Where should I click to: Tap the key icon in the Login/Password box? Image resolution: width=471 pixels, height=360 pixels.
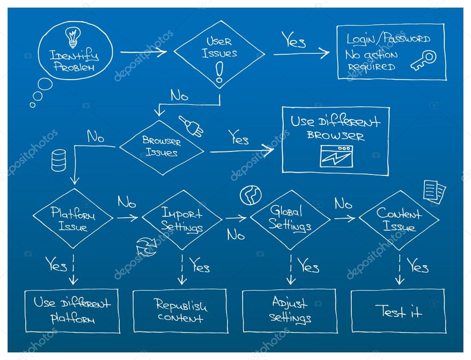424,60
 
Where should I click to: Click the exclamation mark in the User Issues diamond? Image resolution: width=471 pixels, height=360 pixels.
219,72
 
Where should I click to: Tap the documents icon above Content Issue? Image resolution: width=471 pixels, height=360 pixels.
434,191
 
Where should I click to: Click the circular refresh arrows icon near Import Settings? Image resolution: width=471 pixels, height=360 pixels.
147,246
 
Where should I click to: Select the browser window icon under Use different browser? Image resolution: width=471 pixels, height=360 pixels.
336,156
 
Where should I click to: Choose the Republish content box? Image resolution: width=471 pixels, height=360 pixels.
180,311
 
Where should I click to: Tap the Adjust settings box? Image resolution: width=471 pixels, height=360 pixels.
289,311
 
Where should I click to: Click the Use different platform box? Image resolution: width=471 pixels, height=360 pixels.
72,311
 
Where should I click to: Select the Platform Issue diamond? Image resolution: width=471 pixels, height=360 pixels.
73,219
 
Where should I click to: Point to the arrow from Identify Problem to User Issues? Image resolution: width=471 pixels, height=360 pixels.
144,52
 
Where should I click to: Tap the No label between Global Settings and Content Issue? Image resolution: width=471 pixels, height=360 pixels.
343,203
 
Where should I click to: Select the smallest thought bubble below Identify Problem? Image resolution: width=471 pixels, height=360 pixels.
33,105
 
